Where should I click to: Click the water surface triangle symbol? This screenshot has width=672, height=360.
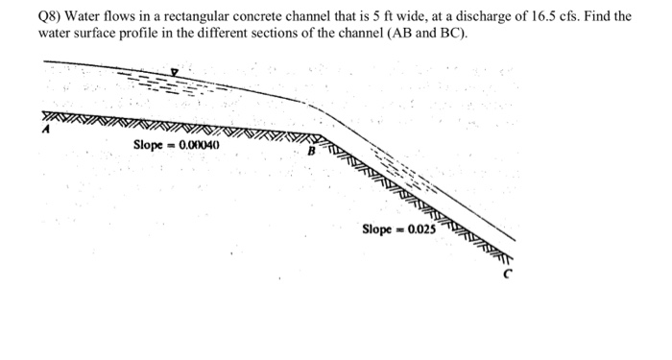point(174,71)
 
